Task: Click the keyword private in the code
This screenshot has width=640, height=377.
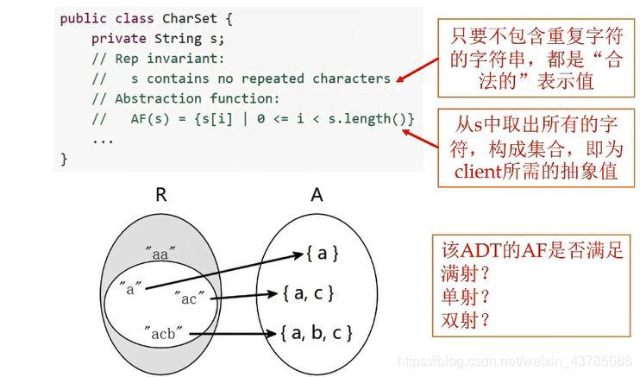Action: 119,38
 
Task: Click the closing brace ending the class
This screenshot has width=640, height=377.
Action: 64,158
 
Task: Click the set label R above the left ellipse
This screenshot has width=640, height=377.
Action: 160,195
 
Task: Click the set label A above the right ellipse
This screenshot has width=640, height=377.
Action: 317,195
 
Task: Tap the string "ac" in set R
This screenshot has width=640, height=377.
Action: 186,298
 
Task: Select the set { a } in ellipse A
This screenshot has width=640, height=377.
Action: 322,253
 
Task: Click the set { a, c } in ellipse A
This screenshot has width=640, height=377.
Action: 307,293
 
